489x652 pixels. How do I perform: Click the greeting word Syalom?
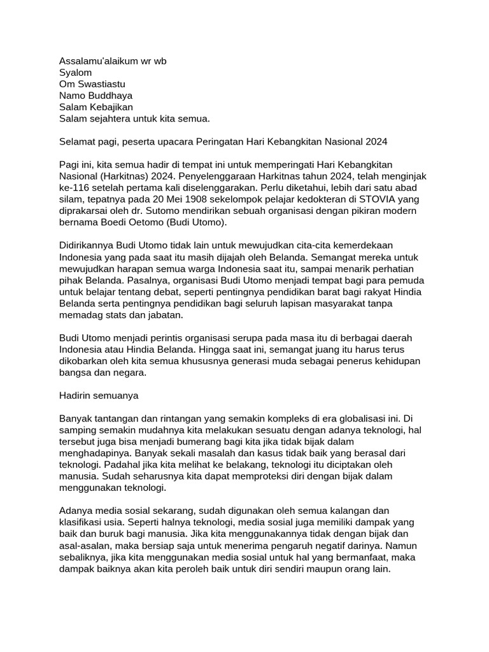[75, 73]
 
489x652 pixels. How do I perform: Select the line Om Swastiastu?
[92, 84]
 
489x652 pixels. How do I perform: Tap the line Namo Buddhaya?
[96, 96]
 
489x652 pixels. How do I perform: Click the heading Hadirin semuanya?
[98, 395]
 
